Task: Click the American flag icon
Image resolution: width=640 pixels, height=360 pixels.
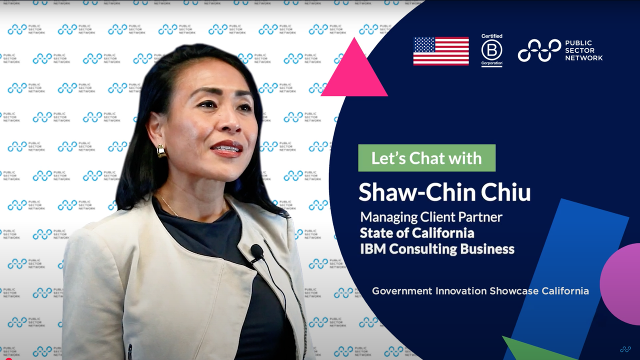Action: (x=441, y=51)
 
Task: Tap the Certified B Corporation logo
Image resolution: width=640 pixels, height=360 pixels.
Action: (x=491, y=50)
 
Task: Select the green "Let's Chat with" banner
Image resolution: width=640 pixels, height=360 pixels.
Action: (x=426, y=158)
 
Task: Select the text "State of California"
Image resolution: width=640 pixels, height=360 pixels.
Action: (x=417, y=233)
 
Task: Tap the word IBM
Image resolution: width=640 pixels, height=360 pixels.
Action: (x=373, y=248)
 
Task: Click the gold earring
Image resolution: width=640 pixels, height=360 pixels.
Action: (x=161, y=151)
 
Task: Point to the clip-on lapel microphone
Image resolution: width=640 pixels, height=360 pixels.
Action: (x=257, y=251)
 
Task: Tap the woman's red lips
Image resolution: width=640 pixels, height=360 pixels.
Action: (x=227, y=148)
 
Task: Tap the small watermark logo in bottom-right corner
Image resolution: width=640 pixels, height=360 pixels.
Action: (x=625, y=349)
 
